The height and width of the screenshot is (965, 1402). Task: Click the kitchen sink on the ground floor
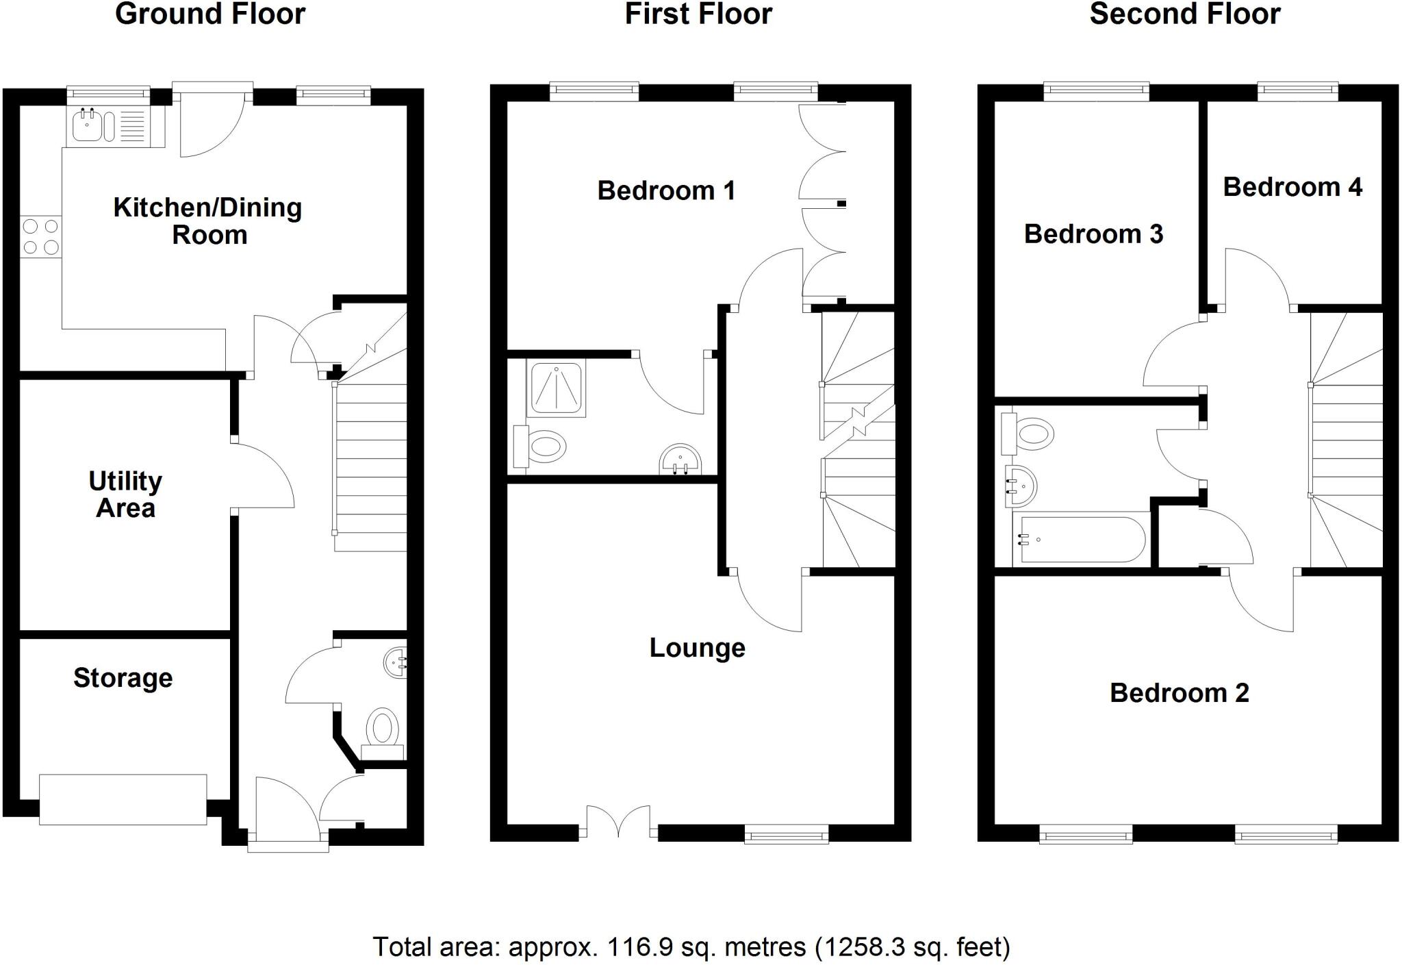coord(88,127)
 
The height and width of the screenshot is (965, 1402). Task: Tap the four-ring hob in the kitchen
coord(40,236)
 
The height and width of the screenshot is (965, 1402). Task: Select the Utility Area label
coord(125,494)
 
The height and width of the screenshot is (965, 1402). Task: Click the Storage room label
coord(123,678)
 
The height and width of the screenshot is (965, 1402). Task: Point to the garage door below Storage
coord(123,799)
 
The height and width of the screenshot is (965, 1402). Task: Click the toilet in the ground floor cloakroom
coord(383,728)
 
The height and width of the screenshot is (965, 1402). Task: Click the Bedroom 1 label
coord(666,190)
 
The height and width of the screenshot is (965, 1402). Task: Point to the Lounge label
coord(697,648)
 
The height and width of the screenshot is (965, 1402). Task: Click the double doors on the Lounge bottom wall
coord(619,822)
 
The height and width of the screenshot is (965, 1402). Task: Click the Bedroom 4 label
coord(1292,187)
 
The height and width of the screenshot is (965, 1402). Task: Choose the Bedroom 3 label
coord(1093,234)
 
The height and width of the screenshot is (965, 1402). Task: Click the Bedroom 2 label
coord(1179,693)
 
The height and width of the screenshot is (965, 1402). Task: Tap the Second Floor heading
coord(1184,14)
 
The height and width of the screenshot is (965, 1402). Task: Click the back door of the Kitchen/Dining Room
coord(212,123)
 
